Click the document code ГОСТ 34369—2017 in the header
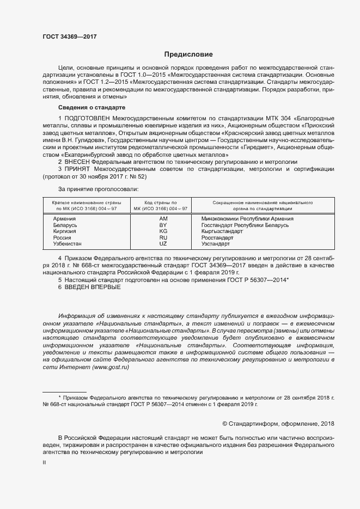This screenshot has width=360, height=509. [x=69, y=36]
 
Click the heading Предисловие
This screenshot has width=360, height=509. [x=189, y=54]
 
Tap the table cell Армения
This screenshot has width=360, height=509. [x=64, y=218]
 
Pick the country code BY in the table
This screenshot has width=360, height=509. [x=163, y=225]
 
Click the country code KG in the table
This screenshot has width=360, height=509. [x=163, y=231]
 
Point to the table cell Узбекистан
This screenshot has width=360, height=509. [x=69, y=244]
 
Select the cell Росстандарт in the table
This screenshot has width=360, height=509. [x=217, y=238]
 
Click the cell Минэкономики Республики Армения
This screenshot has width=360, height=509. [x=247, y=218]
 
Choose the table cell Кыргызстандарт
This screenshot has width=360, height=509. [x=222, y=231]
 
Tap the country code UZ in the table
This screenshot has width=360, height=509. [x=163, y=244]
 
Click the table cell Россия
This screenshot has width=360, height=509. [x=62, y=238]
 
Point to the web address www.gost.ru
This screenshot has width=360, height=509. [x=111, y=367]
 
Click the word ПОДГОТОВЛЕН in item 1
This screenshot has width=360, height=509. [x=87, y=118]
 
